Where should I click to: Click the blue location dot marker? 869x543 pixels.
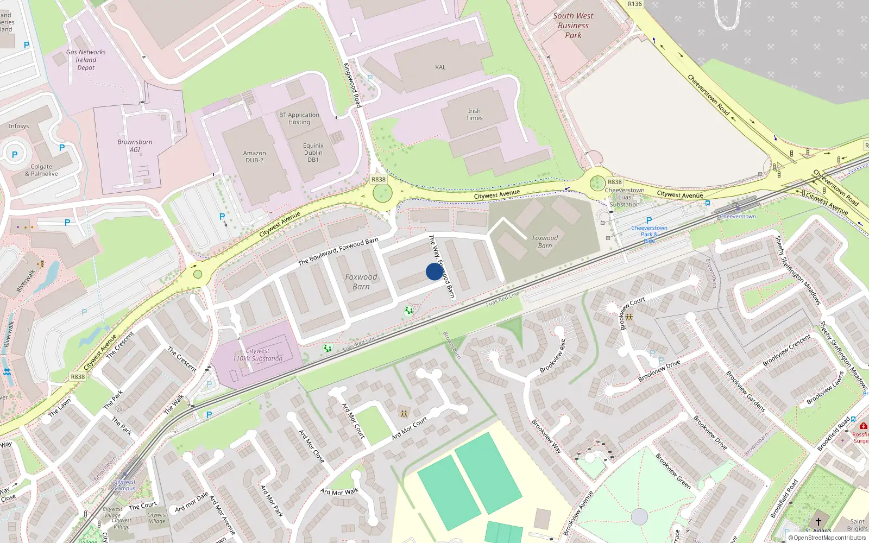tap(434, 271)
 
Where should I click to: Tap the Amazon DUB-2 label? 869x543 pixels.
tap(254, 157)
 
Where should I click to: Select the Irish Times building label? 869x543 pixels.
tap(474, 115)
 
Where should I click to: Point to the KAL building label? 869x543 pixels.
tap(440, 67)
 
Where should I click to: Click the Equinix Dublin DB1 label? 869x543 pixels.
tap(313, 153)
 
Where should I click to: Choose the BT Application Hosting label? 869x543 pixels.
tap(299, 118)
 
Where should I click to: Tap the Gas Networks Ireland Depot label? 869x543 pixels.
tap(86, 60)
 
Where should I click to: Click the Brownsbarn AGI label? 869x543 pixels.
tap(135, 146)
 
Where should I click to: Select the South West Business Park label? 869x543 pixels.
tap(573, 26)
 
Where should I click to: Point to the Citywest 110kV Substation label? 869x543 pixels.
tap(257, 355)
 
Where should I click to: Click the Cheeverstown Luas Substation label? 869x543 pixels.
tap(625, 197)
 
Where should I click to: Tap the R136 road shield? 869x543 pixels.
tap(634, 4)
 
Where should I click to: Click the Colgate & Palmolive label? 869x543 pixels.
tap(41, 171)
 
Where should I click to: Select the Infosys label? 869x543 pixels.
tap(18, 126)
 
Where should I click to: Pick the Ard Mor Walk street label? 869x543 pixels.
tap(339, 492)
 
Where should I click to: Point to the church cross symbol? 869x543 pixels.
tap(818, 522)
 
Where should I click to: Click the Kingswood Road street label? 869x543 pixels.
tap(352, 85)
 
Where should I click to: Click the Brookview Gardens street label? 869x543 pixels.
tap(746, 392)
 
